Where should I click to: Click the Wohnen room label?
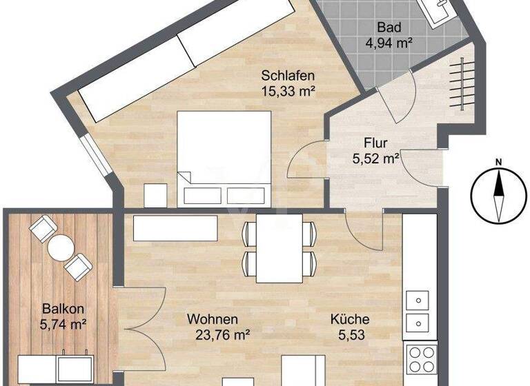pos(213,320)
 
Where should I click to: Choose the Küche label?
pos(349,320)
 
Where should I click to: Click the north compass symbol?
pos(497,196)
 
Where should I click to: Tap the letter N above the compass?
pos(497,162)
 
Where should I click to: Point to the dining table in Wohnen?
pos(278,247)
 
